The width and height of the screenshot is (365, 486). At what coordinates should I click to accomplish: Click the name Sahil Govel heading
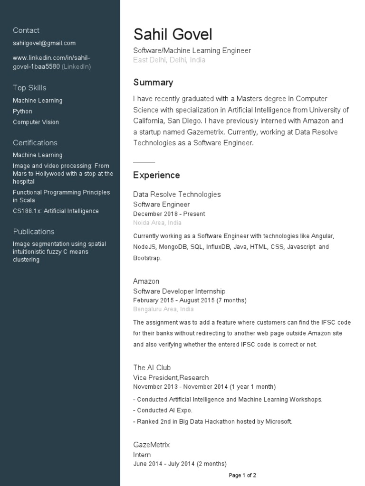pyautogui.click(x=173, y=35)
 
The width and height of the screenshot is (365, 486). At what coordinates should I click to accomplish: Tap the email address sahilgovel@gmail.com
pyautogui.click(x=44, y=43)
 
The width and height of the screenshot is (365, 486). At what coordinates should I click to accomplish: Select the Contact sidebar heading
pyautogui.click(x=26, y=30)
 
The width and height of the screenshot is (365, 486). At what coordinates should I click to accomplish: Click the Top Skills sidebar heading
pyautogui.click(x=29, y=88)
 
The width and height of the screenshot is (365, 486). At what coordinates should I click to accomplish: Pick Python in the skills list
pyautogui.click(x=23, y=112)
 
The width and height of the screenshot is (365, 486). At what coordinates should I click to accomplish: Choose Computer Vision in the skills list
pyautogui.click(x=36, y=122)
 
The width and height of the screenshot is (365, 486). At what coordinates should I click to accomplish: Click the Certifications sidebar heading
pyautogui.click(x=35, y=143)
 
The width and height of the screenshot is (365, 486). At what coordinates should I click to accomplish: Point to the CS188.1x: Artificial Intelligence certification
pyautogui.click(x=56, y=211)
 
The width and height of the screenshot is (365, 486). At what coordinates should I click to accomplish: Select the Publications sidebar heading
pyautogui.click(x=34, y=232)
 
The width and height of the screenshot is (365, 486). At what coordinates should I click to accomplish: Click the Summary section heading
pyautogui.click(x=153, y=83)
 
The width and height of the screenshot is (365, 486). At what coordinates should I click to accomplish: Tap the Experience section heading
pyautogui.click(x=156, y=175)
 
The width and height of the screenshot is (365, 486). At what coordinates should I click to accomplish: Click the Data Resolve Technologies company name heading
pyautogui.click(x=177, y=195)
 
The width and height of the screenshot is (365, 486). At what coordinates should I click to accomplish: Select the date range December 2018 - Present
pyautogui.click(x=169, y=214)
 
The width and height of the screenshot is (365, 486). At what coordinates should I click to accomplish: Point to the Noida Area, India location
pyautogui.click(x=157, y=223)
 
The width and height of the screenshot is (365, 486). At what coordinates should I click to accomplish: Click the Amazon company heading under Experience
pyautogui.click(x=146, y=281)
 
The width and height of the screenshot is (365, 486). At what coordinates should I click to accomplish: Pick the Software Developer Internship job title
pyautogui.click(x=179, y=291)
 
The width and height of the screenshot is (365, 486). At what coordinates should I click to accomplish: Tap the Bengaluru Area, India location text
pyautogui.click(x=163, y=309)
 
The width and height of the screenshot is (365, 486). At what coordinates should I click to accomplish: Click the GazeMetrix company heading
pyautogui.click(x=151, y=445)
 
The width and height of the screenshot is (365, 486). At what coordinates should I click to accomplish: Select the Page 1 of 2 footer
pyautogui.click(x=242, y=475)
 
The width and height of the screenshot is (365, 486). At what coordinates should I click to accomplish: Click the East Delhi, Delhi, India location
pyautogui.click(x=169, y=60)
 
